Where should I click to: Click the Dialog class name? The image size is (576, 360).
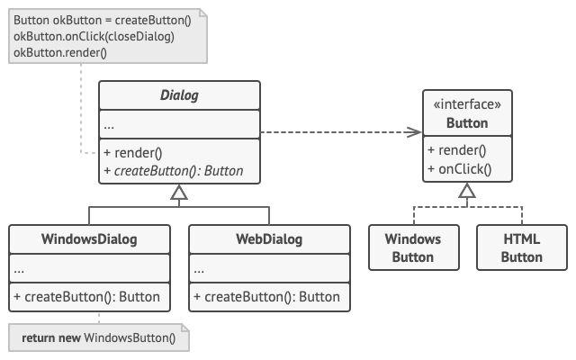[x=179, y=94]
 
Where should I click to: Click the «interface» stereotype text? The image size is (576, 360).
[x=467, y=105]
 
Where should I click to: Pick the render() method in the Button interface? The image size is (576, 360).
[x=456, y=150]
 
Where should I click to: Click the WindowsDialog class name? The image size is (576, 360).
[x=89, y=239]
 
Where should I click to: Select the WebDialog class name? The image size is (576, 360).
[x=269, y=239]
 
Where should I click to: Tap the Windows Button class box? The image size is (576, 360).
[x=413, y=247]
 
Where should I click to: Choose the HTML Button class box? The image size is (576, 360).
[x=521, y=247]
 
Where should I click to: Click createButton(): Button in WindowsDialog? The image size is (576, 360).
[x=87, y=296]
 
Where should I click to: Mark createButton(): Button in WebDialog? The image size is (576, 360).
[x=267, y=296]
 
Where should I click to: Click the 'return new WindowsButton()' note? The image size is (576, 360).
[x=99, y=339]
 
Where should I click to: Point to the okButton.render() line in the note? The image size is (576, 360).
[x=60, y=52]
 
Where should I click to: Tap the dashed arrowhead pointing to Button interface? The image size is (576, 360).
[x=416, y=131]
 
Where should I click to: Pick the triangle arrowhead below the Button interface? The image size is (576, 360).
[x=467, y=191]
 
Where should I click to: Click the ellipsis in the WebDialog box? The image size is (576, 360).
[x=199, y=268]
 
